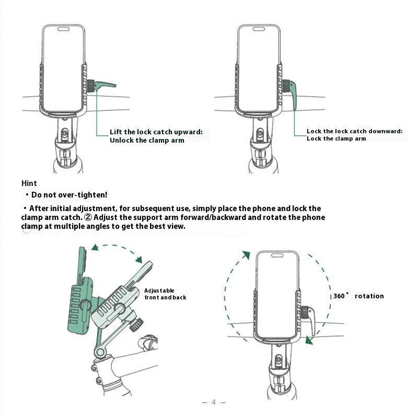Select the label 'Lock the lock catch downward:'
click(354, 131)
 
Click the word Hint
click(29, 183)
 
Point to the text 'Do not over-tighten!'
click(69, 195)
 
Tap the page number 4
click(214, 402)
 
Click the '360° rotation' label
click(358, 296)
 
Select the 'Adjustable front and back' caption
click(165, 294)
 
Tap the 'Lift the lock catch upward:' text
click(156, 132)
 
